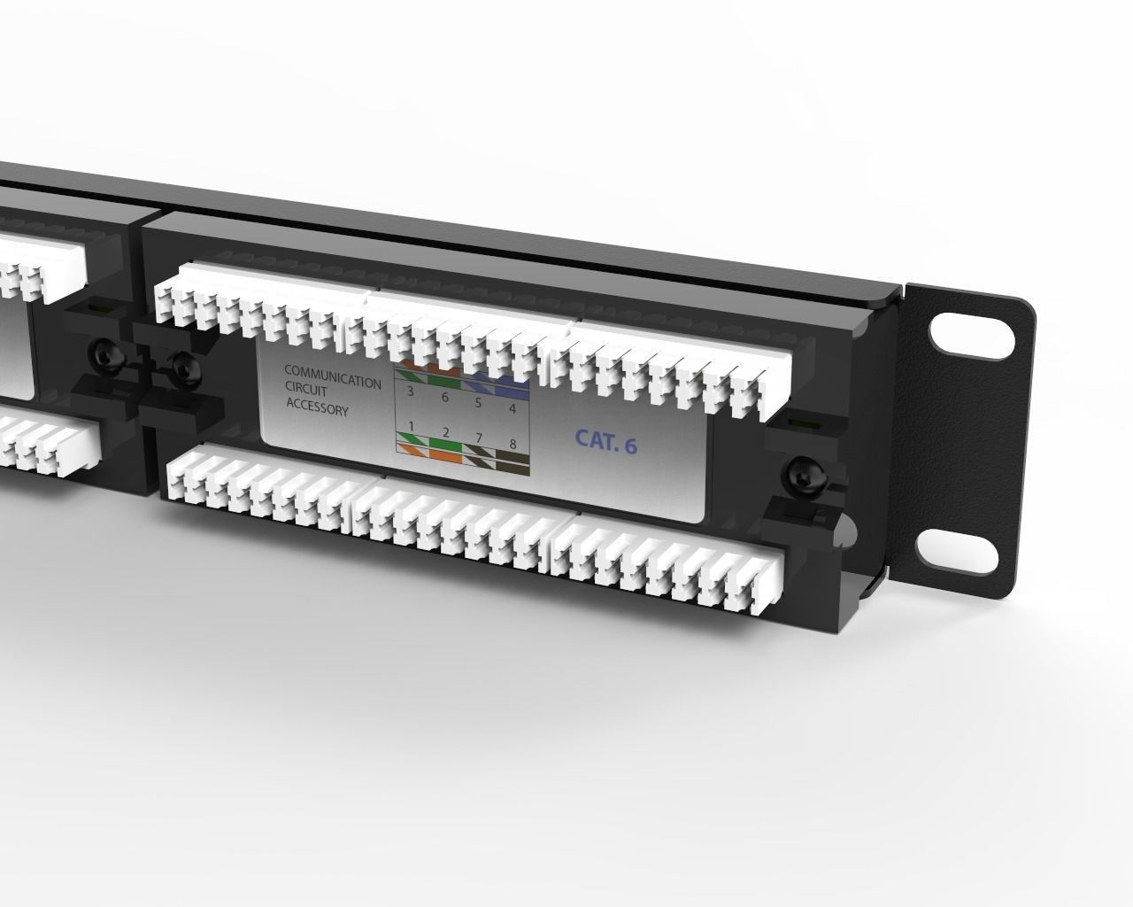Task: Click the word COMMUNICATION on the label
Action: tap(332, 376)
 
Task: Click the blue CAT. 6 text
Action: tap(605, 441)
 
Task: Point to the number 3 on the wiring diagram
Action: tap(410, 391)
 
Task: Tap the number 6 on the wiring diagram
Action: tap(444, 398)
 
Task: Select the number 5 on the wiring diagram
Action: tap(479, 403)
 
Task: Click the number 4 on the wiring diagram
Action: tap(512, 408)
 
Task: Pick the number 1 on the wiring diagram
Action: tap(411, 426)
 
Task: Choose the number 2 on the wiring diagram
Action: tap(445, 431)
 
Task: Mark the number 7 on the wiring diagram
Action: tap(479, 438)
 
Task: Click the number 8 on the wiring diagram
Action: tap(512, 443)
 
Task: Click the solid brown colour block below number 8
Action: tap(511, 459)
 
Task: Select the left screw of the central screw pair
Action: tap(106, 354)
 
